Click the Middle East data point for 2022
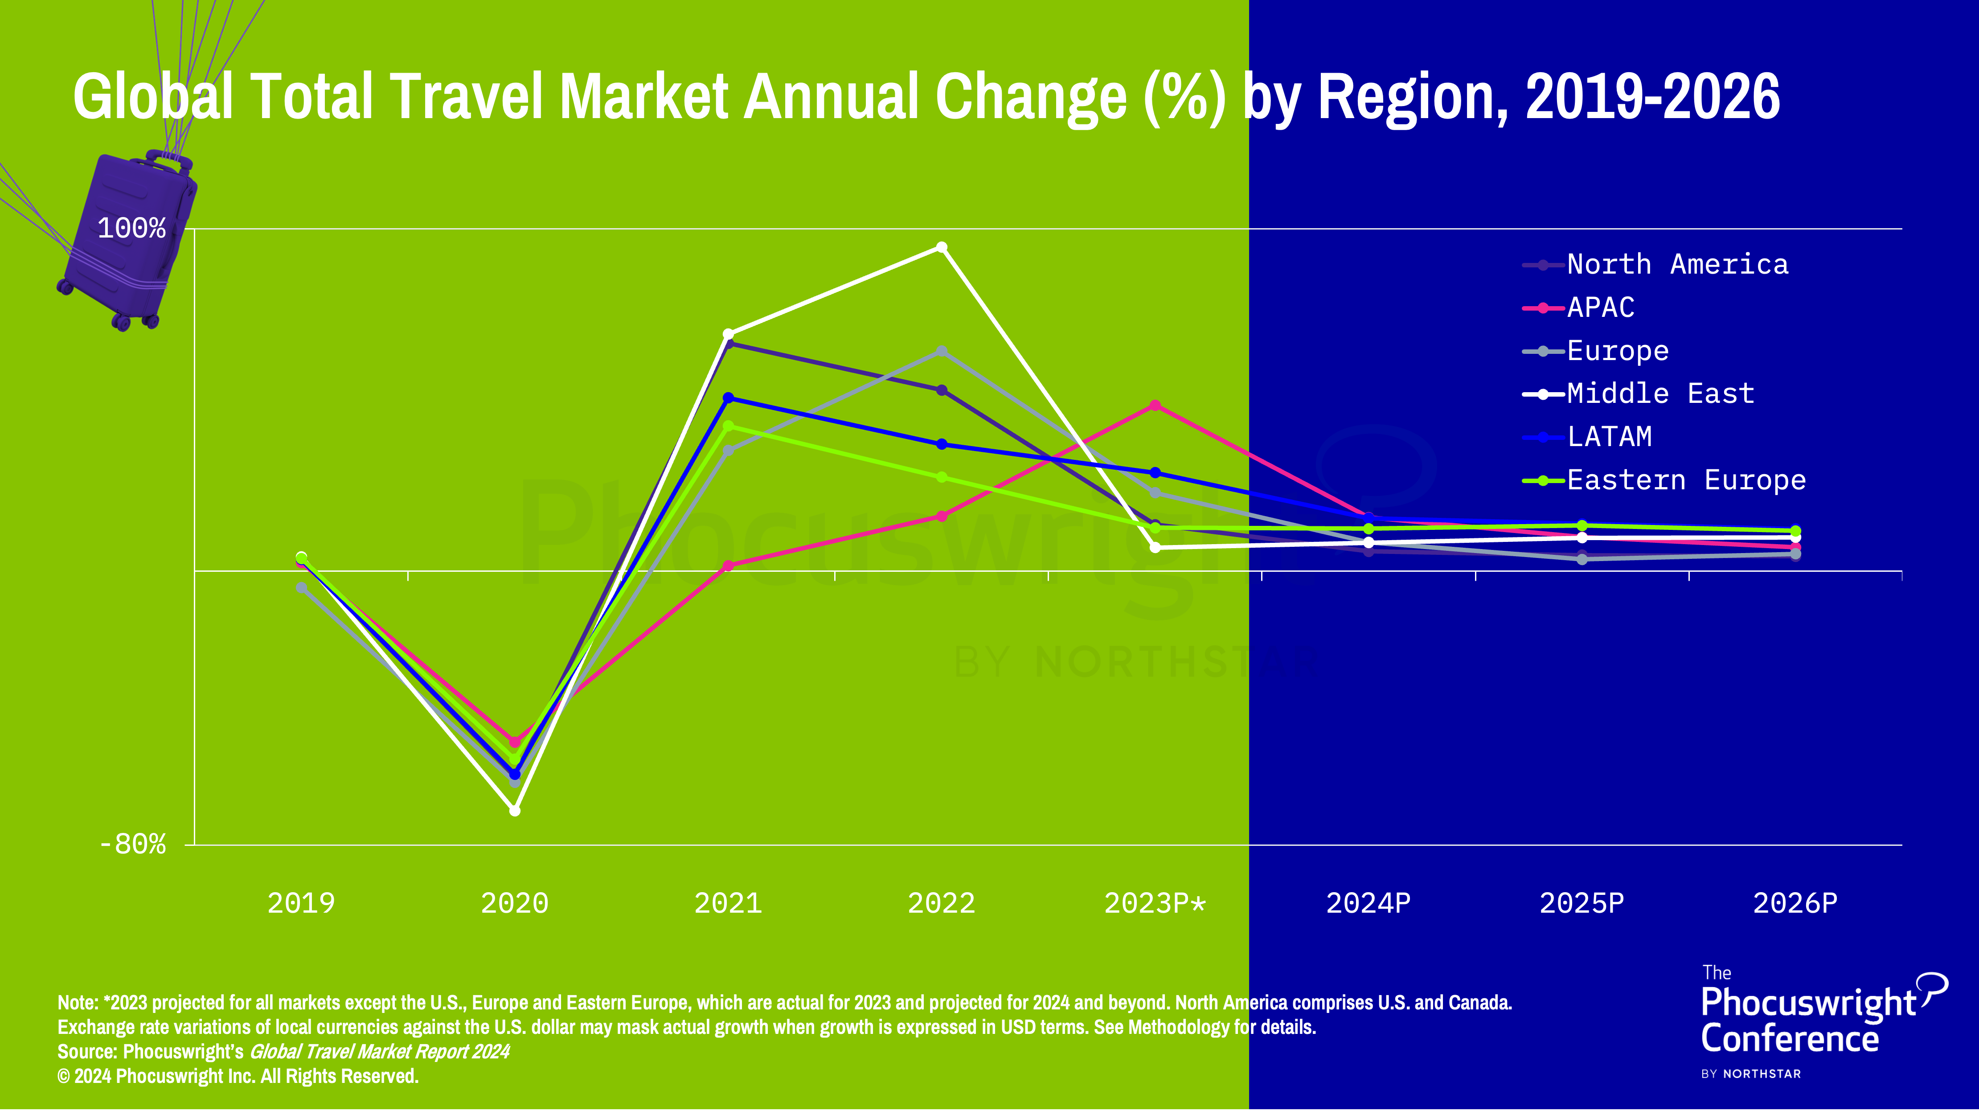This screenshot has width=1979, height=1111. point(942,247)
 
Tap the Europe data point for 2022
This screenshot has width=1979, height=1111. point(942,351)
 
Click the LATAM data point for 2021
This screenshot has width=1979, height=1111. point(728,398)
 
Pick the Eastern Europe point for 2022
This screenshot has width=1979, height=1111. point(942,477)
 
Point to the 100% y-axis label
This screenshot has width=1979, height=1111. point(131,228)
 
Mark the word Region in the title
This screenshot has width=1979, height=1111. point(1412,98)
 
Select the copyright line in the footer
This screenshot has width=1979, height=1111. point(238,1076)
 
